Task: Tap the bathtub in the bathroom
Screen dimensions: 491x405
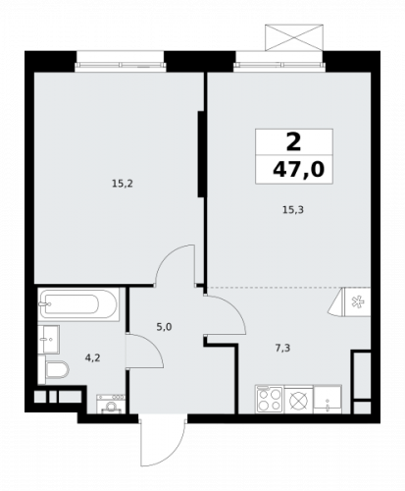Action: pyautogui.click(x=79, y=304)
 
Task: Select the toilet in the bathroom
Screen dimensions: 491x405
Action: pyautogui.click(x=56, y=371)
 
